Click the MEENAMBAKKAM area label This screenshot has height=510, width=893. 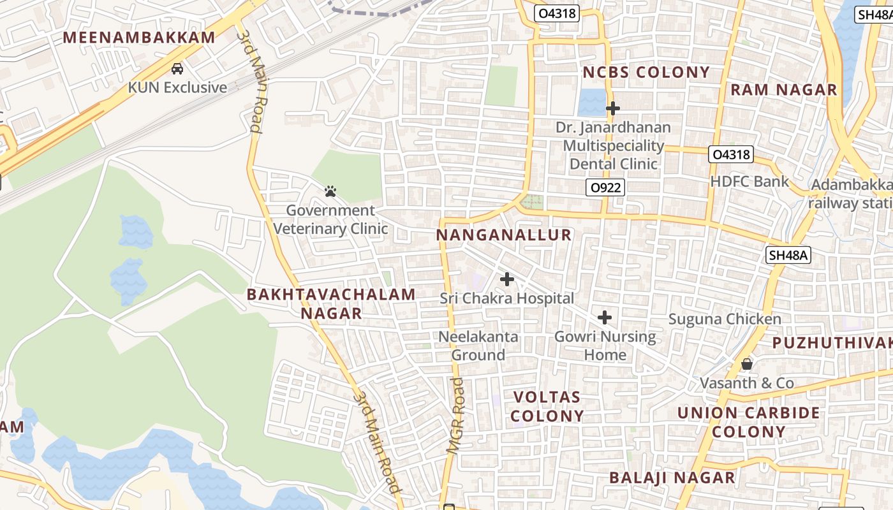tap(139, 37)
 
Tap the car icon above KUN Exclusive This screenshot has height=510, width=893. tap(177, 69)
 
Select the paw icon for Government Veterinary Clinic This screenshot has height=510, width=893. tap(330, 191)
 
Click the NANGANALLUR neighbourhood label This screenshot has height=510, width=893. tap(504, 235)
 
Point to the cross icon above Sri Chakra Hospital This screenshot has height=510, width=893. tap(507, 279)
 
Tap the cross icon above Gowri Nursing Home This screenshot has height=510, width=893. tap(605, 317)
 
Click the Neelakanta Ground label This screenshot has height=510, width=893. tap(478, 346)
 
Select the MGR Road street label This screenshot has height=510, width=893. tap(455, 414)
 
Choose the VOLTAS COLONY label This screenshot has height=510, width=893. tap(549, 407)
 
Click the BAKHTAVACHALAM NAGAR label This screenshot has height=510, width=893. tap(331, 303)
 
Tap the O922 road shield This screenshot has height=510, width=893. tap(605, 187)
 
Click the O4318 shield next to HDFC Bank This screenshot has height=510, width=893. tap(731, 154)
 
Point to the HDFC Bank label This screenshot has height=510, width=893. tap(749, 181)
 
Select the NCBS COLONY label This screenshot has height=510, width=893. tap(646, 73)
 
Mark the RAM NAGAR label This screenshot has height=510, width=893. tap(783, 90)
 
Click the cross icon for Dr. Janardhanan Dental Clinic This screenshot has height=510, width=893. tap(612, 108)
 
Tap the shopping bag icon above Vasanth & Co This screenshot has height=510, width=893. tap(746, 365)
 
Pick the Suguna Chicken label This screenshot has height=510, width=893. tap(725, 319)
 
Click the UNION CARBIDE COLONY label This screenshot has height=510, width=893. tap(749, 422)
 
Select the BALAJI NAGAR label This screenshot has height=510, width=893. tap(672, 477)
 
